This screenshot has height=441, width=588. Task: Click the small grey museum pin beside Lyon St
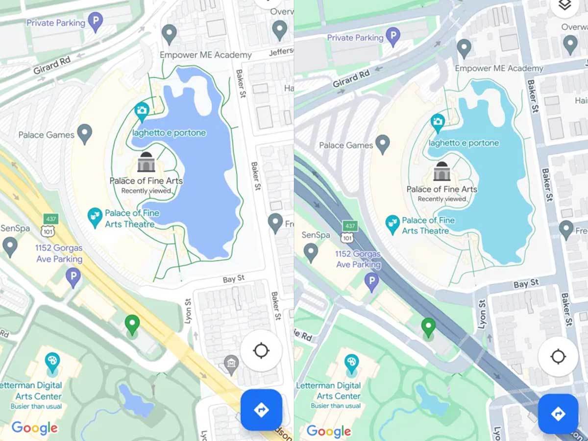pyautogui.click(x=231, y=363)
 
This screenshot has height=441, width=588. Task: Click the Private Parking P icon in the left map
pyautogui.click(x=95, y=22)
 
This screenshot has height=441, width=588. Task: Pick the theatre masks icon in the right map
pyautogui.click(x=392, y=223)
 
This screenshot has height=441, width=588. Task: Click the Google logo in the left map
pyautogui.click(x=34, y=428)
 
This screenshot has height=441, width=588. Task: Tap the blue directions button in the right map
pyautogui.click(x=558, y=414)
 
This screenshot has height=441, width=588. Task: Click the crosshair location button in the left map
pyautogui.click(x=261, y=351)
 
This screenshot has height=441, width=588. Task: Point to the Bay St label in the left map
pyautogui.click(x=233, y=279)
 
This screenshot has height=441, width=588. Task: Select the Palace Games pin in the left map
pyautogui.click(x=85, y=133)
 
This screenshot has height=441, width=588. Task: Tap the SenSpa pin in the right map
pyautogui.click(x=311, y=252)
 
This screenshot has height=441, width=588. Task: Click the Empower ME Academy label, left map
pyautogui.click(x=206, y=55)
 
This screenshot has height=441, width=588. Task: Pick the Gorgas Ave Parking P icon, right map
pyautogui.click(x=371, y=282)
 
